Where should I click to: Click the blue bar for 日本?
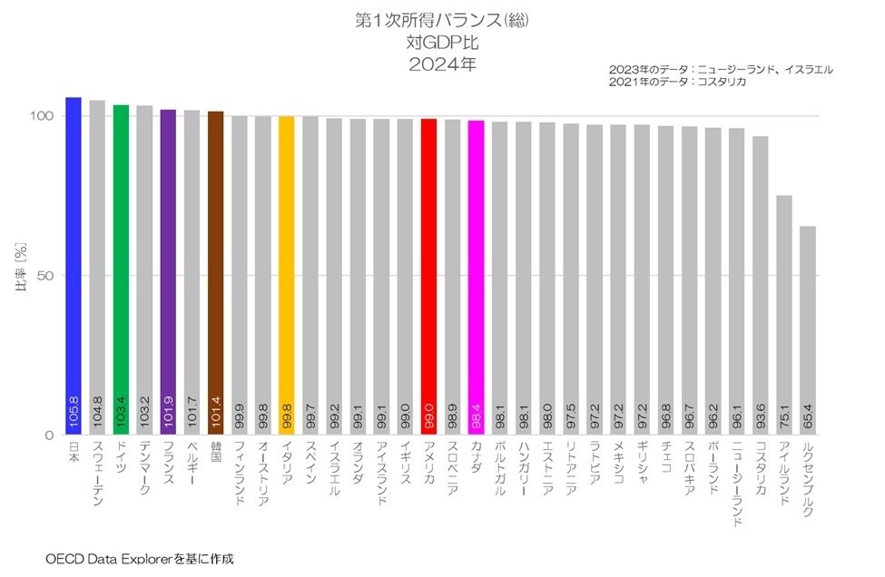click(74, 266)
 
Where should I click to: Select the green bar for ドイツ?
click(121, 269)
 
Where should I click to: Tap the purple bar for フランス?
click(168, 272)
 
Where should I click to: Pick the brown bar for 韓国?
click(216, 273)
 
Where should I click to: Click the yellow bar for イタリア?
click(287, 275)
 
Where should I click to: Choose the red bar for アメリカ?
click(429, 277)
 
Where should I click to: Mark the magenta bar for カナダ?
click(477, 278)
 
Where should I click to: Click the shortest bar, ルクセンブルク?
click(808, 330)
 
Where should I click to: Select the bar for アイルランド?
click(784, 315)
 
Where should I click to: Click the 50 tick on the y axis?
click(45, 275)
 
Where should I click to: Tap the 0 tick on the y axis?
click(49, 435)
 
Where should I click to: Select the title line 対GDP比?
click(442, 43)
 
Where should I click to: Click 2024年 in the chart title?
click(442, 64)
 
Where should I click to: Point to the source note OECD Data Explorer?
click(108, 559)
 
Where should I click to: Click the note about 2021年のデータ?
click(677, 82)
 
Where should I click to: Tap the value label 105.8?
click(74, 411)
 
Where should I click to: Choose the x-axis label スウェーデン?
click(97, 473)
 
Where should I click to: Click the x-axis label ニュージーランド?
click(736, 484)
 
